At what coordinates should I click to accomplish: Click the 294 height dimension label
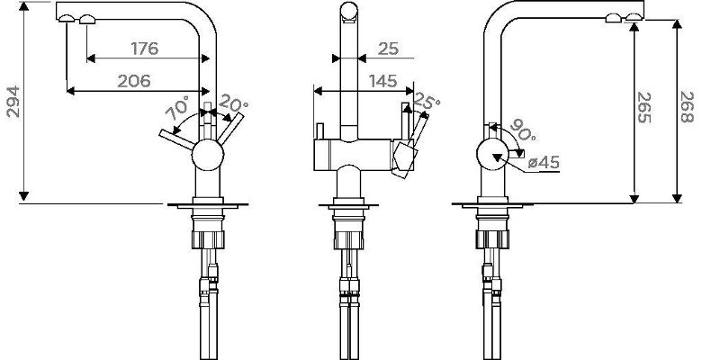click(13, 101)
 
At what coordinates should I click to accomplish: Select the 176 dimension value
click(145, 49)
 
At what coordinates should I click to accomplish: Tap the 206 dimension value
click(134, 81)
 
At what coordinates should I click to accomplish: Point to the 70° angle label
click(178, 108)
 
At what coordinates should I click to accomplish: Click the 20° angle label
click(233, 103)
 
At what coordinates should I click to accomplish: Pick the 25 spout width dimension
click(388, 49)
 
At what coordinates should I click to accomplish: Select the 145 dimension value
click(382, 81)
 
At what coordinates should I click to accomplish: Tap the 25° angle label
click(426, 101)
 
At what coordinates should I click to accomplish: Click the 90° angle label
click(523, 129)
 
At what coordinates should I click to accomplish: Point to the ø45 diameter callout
click(544, 163)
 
